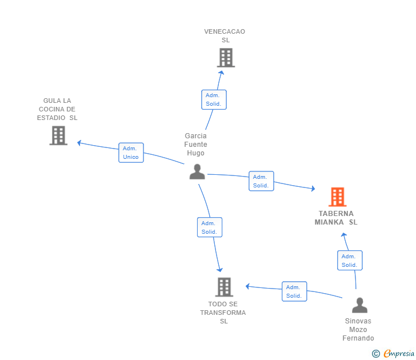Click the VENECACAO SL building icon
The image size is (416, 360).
[x=226, y=58]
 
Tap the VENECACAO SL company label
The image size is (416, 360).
[x=225, y=35]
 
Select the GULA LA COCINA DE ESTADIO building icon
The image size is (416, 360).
[x=58, y=135]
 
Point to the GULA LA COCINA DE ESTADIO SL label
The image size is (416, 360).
[x=57, y=109]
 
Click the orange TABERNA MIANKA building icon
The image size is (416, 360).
[x=338, y=197]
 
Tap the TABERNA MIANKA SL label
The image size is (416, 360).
[x=336, y=218]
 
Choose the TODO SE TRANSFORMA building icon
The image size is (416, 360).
[x=224, y=287]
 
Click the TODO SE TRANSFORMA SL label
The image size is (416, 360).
[x=223, y=313]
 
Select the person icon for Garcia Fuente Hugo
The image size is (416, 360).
[x=197, y=171]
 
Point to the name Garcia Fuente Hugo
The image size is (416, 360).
[x=196, y=145]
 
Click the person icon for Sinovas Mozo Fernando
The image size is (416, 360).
[x=359, y=306]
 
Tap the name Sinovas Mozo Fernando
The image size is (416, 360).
[x=358, y=330]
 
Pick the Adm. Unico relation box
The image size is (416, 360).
[x=131, y=153]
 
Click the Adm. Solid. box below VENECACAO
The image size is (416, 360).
[x=214, y=99]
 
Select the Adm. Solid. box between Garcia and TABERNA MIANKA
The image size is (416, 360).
[x=261, y=181]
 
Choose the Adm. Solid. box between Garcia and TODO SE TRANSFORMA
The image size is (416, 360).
[x=209, y=227]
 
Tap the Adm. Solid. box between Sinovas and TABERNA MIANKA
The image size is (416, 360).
[x=349, y=261]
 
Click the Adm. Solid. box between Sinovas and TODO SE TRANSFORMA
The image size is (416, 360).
[x=294, y=291]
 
